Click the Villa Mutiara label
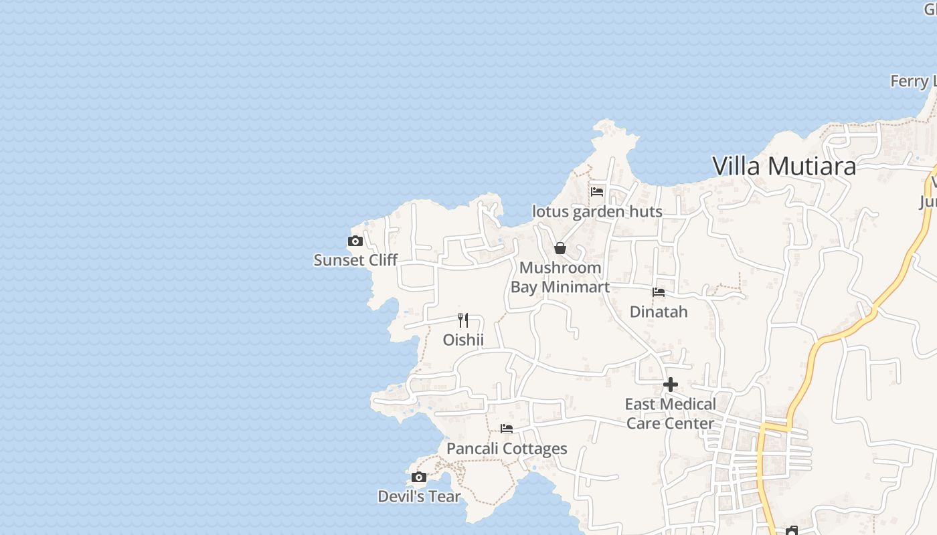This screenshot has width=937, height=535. (x=784, y=166)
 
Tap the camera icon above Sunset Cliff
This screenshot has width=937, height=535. (x=355, y=241)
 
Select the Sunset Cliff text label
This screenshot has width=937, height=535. (x=355, y=260)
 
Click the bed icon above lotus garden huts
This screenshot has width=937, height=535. (x=597, y=192)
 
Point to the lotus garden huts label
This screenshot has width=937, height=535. (x=597, y=212)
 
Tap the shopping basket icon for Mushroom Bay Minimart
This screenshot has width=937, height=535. (x=560, y=249)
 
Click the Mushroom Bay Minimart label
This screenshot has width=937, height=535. (x=560, y=278)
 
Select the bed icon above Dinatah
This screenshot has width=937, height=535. (x=659, y=292)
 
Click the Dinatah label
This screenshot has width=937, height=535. (x=659, y=312)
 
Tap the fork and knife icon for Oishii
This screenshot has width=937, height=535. (x=462, y=320)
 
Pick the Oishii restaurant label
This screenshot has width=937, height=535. (x=462, y=340)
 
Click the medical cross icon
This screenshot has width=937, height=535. (x=670, y=385)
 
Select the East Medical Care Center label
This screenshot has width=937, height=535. (x=670, y=414)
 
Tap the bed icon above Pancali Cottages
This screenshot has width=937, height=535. (x=507, y=429)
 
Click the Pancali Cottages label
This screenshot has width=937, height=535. (x=507, y=449)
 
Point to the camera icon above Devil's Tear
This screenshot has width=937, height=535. (x=419, y=477)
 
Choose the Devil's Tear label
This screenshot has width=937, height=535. (x=419, y=497)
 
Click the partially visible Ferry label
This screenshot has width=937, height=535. (x=913, y=82)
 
